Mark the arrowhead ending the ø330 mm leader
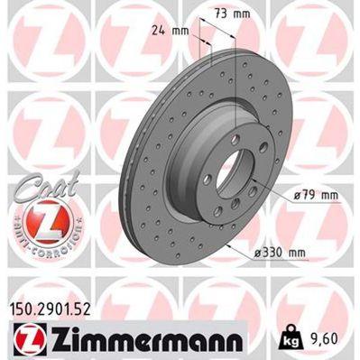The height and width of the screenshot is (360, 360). pos(226,244)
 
